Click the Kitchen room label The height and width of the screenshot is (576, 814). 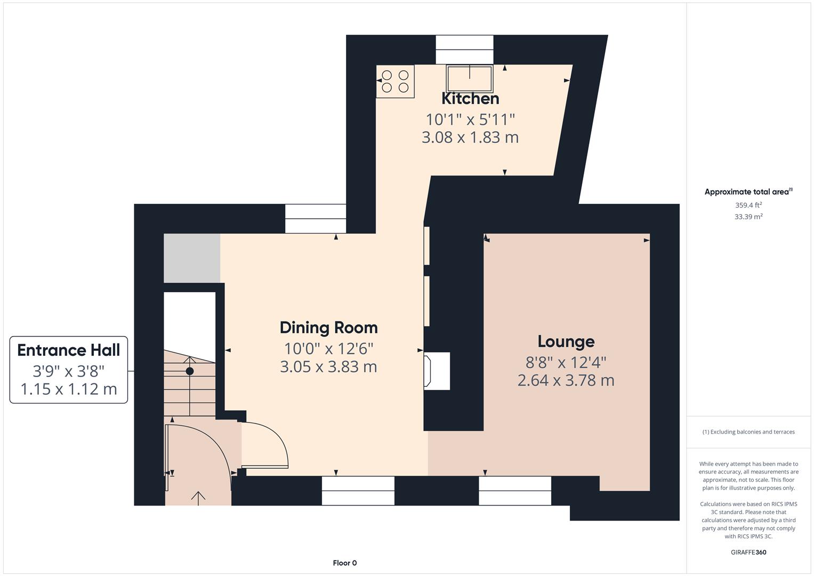click(470, 99)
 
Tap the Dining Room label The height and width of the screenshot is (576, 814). click(328, 327)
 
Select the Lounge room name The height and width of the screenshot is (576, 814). click(566, 341)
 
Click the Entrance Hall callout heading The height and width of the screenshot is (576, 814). click(69, 350)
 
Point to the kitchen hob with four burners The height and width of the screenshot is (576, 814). click(395, 82)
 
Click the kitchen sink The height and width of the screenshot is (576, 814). click(470, 78)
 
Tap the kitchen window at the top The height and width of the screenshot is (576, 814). click(464, 50)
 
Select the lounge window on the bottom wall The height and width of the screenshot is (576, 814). click(514, 491)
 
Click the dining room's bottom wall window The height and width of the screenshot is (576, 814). click(358, 491)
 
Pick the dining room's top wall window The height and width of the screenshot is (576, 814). click(315, 219)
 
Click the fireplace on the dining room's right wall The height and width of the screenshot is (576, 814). click(436, 371)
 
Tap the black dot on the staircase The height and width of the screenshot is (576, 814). click(189, 371)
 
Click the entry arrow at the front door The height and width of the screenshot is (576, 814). click(198, 498)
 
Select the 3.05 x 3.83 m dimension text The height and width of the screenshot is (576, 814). click(328, 367)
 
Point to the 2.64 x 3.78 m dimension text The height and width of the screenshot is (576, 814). click(566, 381)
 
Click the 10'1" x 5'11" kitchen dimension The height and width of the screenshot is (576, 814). click(470, 119)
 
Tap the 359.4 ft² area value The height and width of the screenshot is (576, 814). click(748, 205)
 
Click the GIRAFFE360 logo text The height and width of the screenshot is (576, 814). click(748, 552)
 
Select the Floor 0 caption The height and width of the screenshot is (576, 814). click(344, 563)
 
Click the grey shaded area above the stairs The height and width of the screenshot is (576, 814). click(192, 258)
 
